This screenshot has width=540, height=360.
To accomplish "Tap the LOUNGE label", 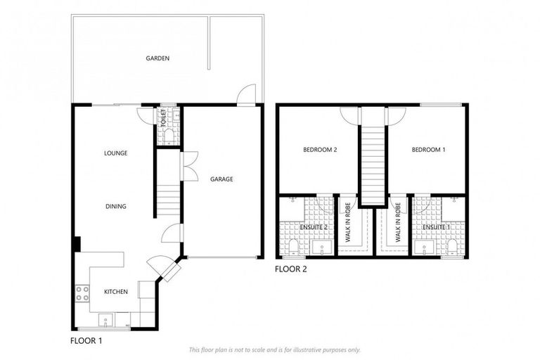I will tap(115, 153).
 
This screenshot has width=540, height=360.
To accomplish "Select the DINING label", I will tap(115, 207).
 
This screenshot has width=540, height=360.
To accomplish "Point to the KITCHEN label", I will tap(116, 292).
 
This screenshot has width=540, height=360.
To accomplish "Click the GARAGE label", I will tap(221, 179).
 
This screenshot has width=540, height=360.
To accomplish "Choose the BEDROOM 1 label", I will tap(428, 150).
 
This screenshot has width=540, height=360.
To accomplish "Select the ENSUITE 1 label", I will tap(435, 228).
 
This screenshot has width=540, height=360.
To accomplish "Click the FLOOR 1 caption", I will tap(86, 341).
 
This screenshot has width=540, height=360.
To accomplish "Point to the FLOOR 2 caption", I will tap(290, 269).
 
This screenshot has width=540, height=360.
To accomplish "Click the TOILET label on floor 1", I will tap(162, 117).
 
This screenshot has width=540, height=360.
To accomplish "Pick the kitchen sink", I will tap(106, 320).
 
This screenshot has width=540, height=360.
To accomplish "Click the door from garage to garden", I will tap(246, 96).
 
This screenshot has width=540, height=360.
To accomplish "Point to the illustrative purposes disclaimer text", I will tap(274, 349).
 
